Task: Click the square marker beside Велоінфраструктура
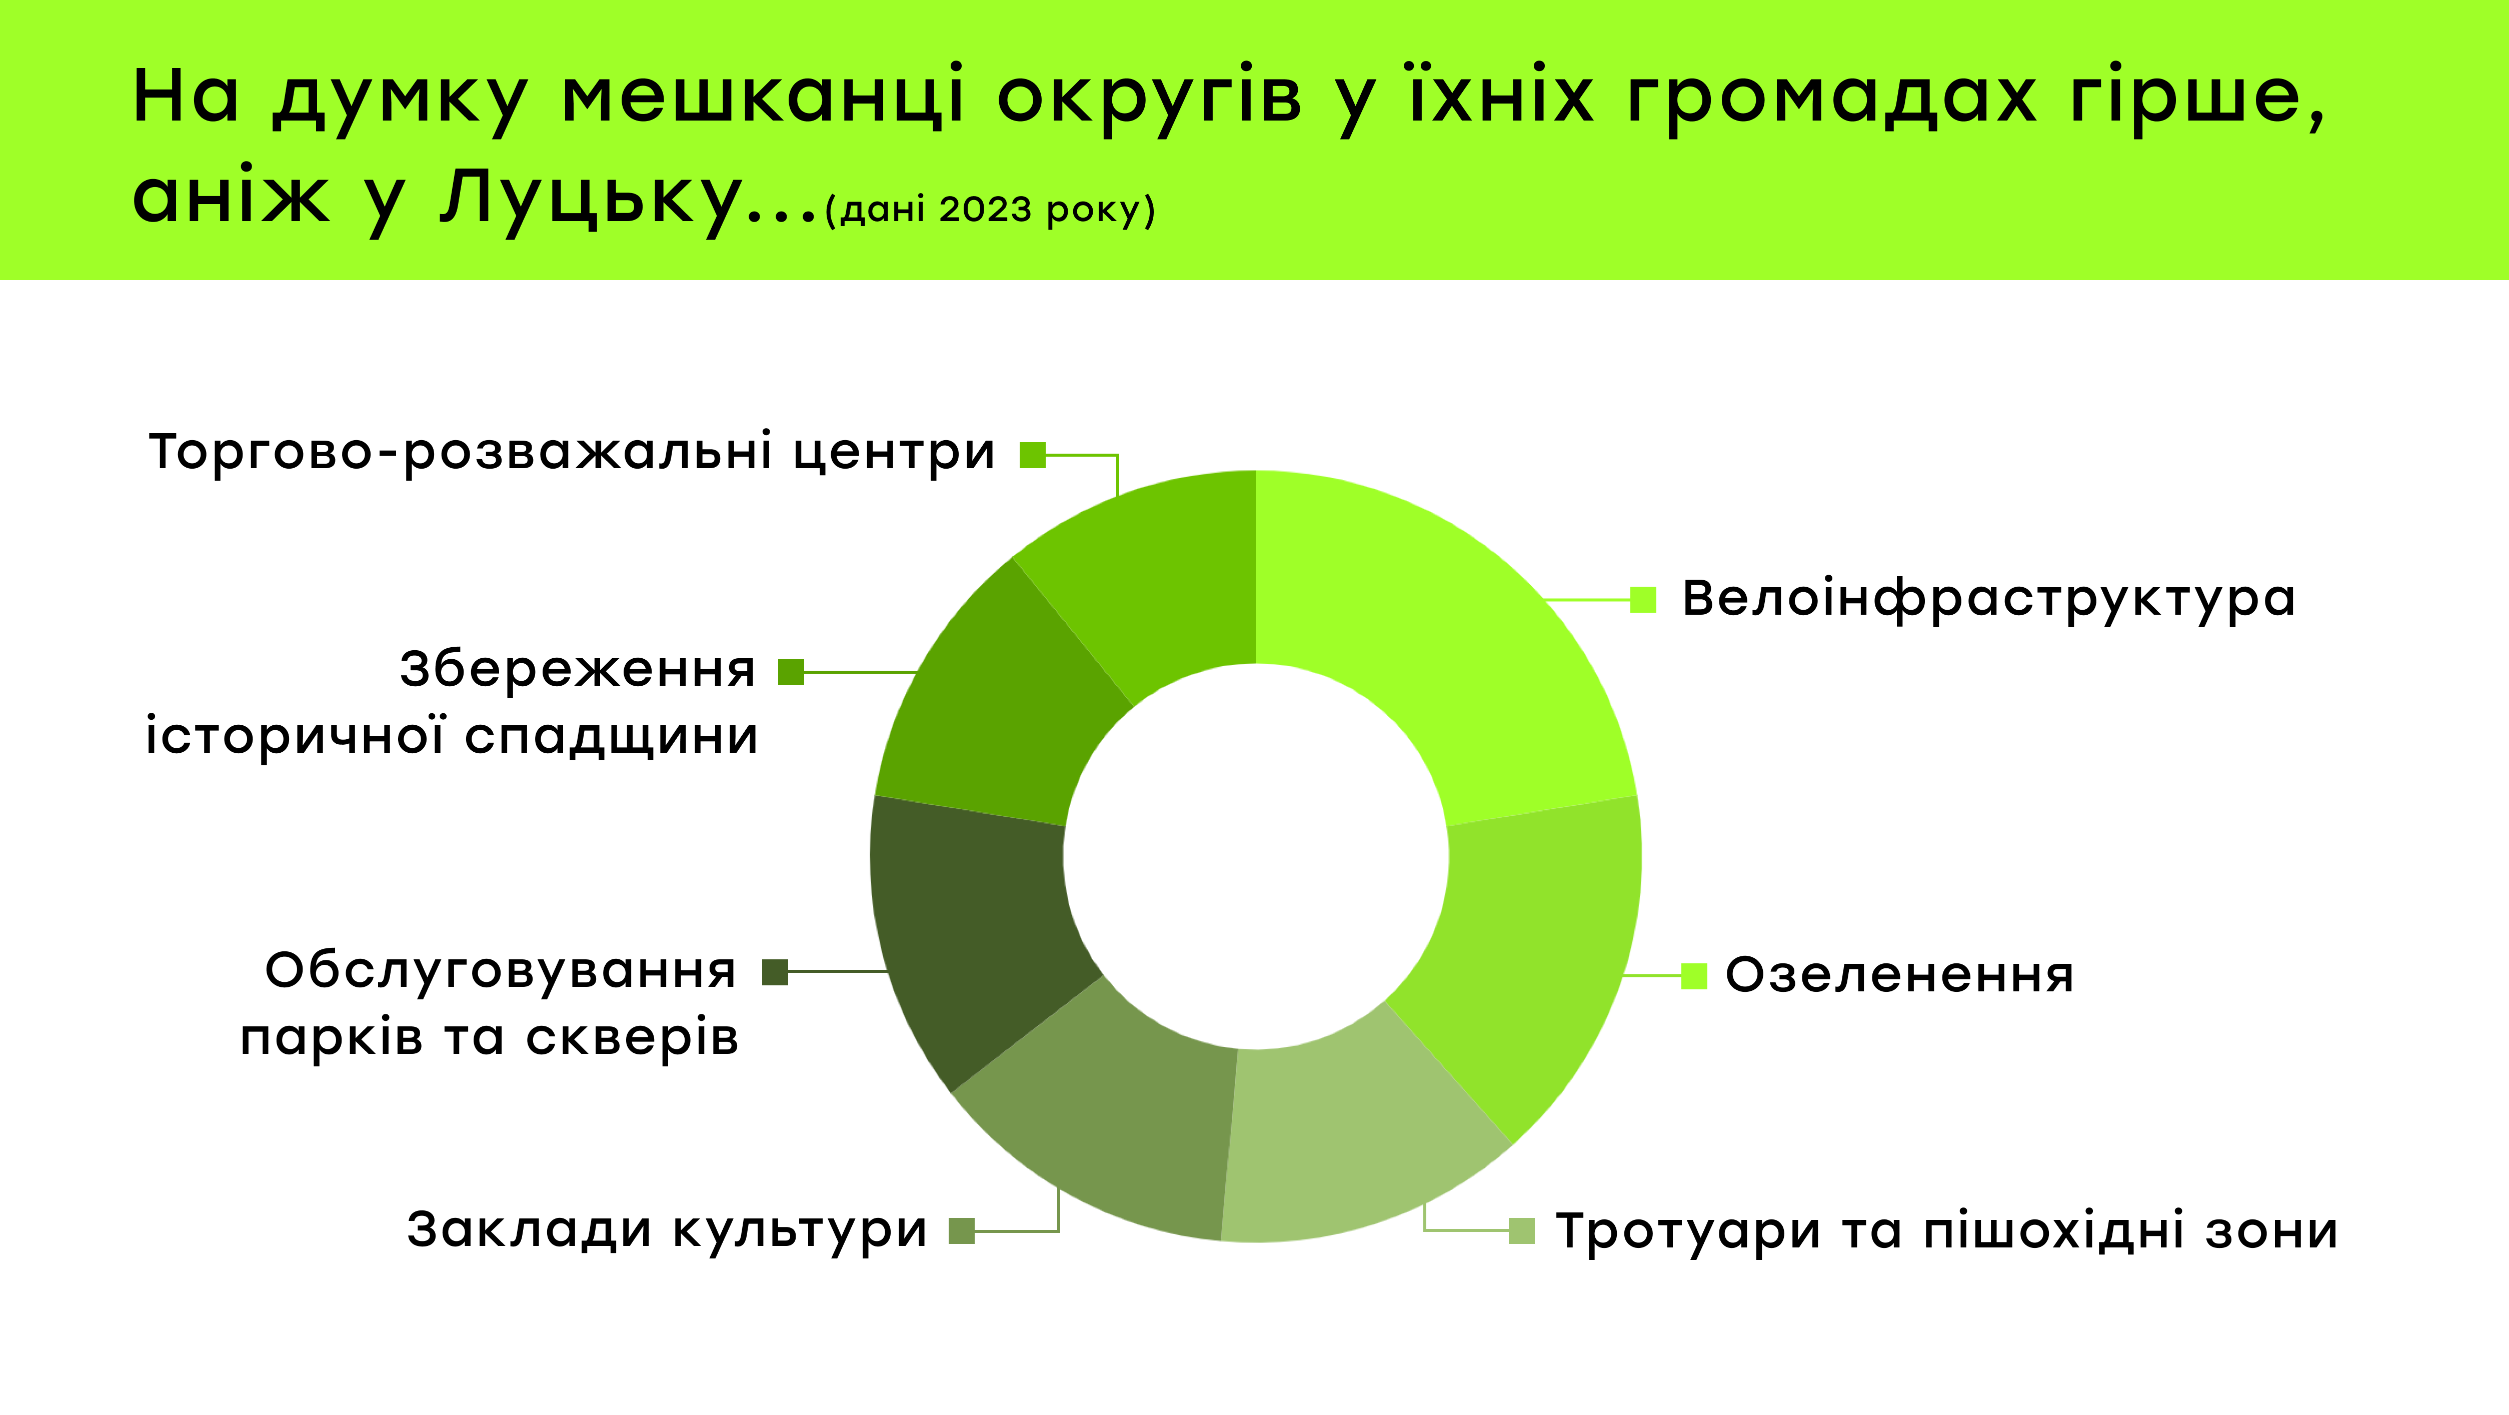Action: [x=1643, y=600]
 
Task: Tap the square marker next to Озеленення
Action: [x=1695, y=976]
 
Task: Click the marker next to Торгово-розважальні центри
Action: [x=1032, y=455]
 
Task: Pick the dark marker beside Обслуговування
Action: [x=775, y=972]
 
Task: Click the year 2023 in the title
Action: [x=985, y=210]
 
